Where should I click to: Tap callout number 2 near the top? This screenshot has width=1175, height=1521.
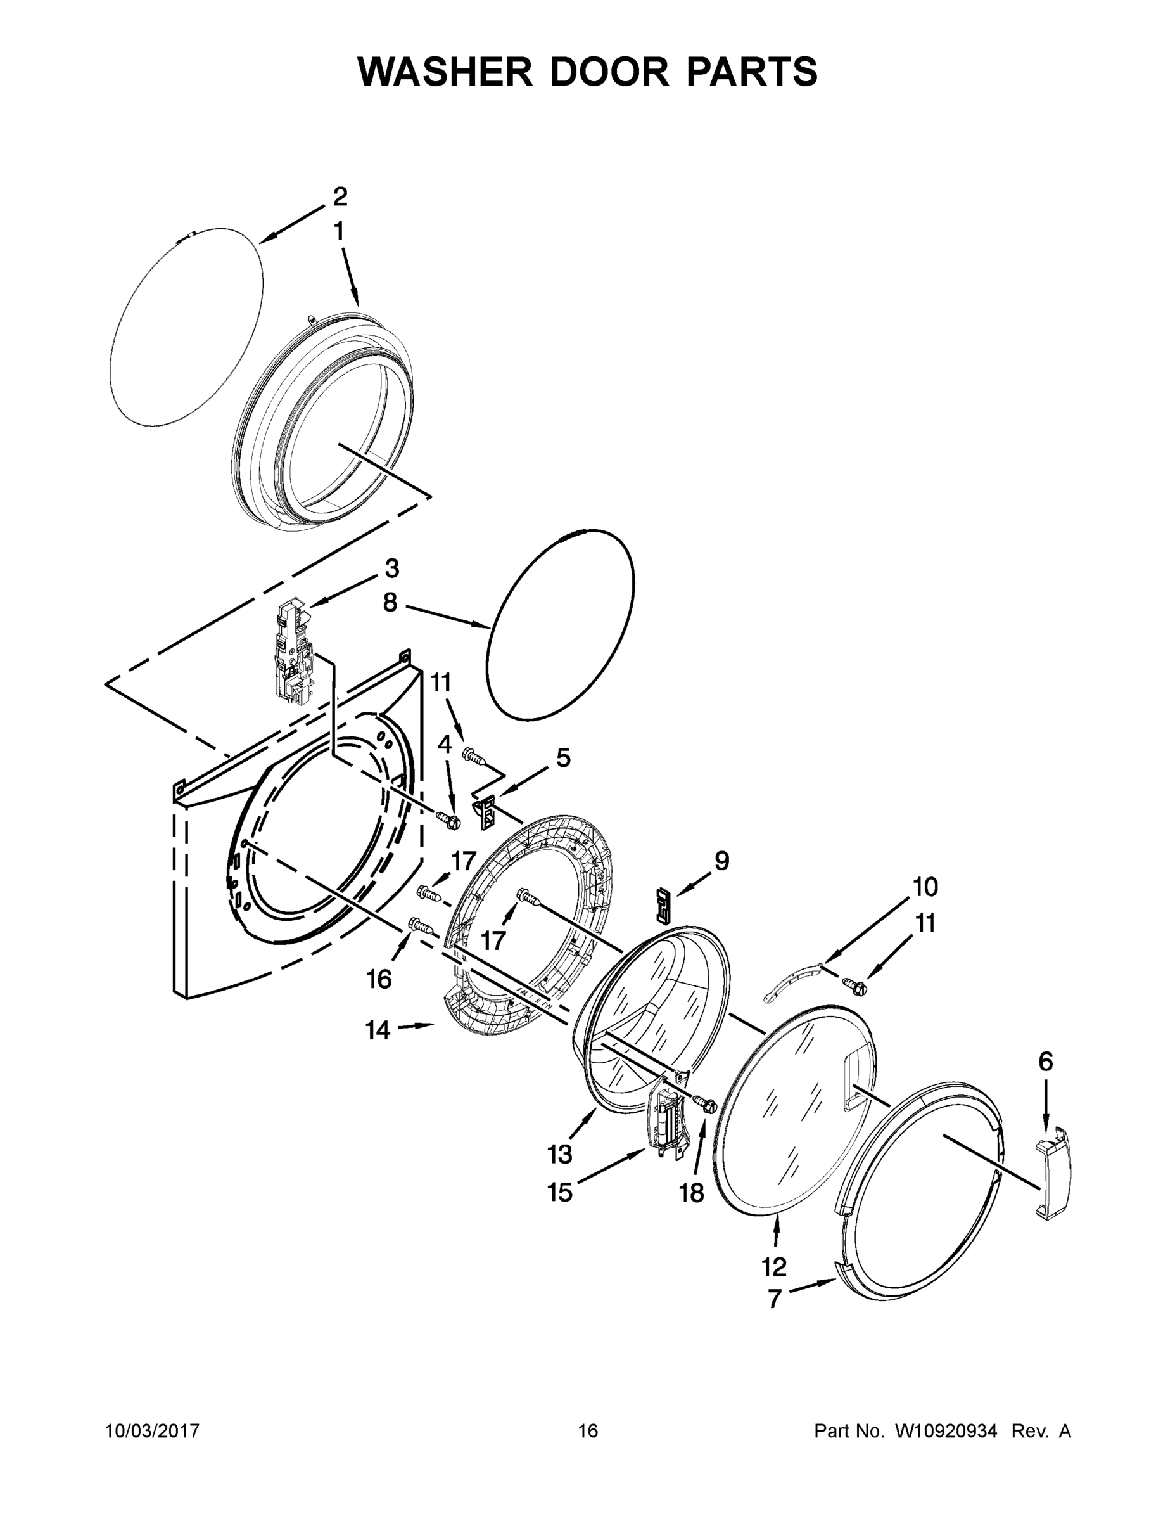point(340,197)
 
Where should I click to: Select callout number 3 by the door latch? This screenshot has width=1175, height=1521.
point(392,568)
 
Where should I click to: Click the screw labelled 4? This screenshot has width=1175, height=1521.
point(448,819)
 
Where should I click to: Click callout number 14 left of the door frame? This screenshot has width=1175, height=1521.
point(378,1030)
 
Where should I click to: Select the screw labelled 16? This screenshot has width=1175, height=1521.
point(420,925)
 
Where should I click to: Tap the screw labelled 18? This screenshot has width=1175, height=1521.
point(704,1103)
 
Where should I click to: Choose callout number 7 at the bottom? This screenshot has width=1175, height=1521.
point(775,1299)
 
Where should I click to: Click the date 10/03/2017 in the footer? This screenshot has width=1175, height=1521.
point(153,1430)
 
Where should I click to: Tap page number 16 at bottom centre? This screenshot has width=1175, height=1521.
point(588,1430)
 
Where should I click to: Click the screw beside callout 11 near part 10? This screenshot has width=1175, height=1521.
point(853,985)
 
